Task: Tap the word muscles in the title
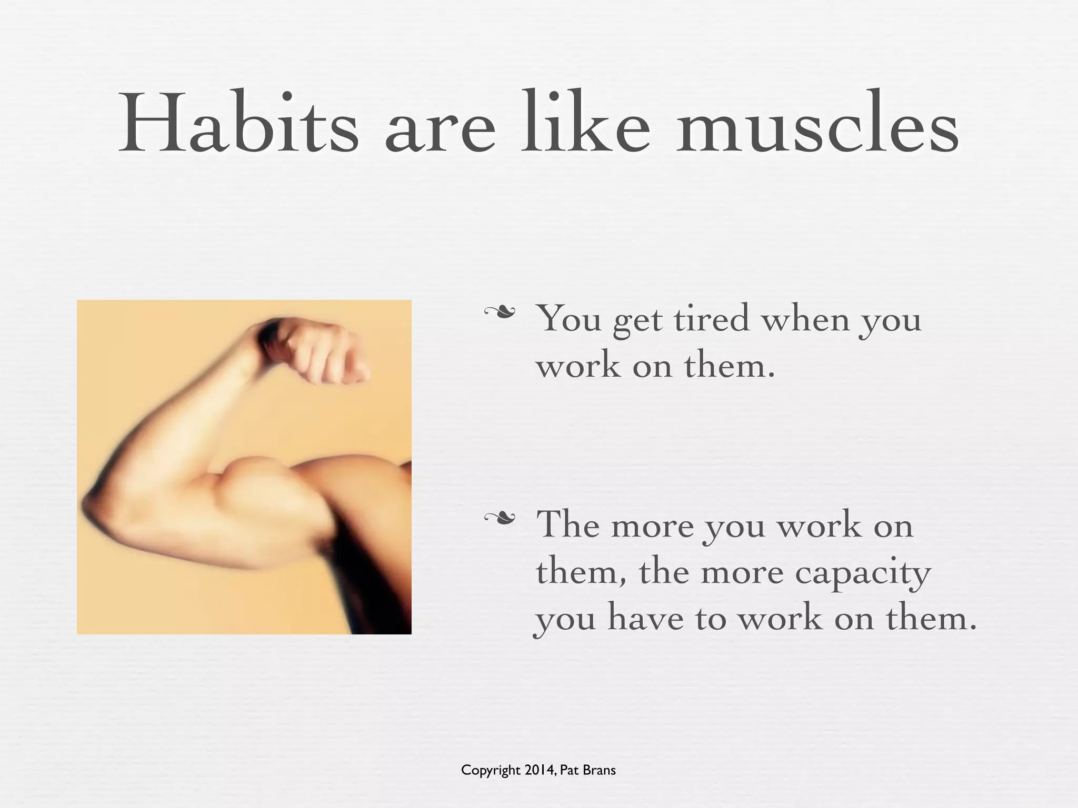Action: pyautogui.click(x=818, y=126)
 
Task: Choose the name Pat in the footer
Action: pyautogui.click(x=568, y=771)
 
